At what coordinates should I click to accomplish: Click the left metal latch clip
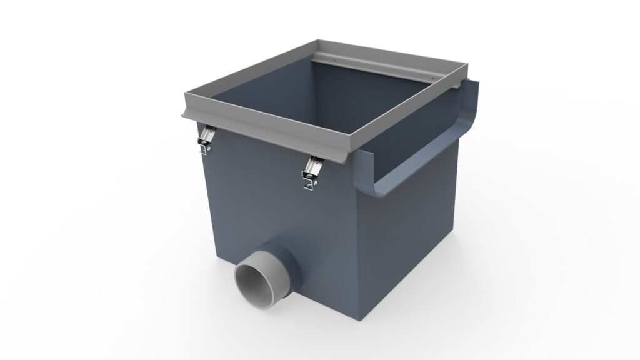[x=204, y=140]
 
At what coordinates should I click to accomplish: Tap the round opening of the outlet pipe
[x=257, y=284]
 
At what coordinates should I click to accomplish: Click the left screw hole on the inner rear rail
[x=336, y=60]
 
